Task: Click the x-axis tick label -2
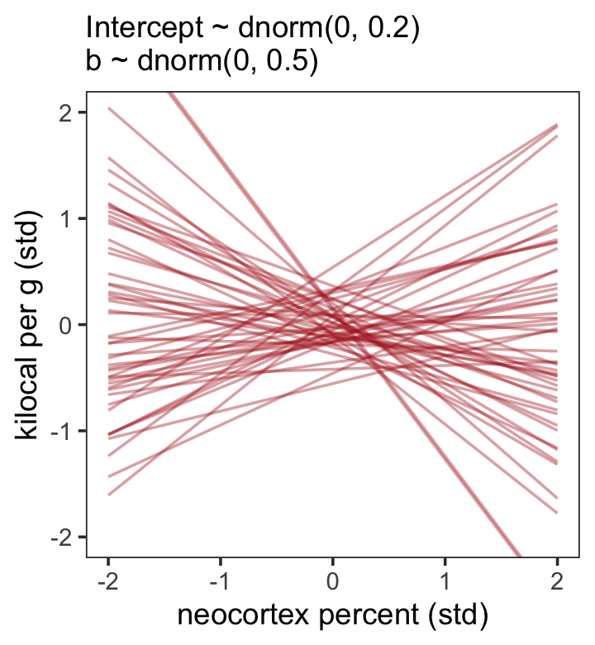pos(107,580)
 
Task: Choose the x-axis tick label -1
pos(220,580)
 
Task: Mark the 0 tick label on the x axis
pos(332,580)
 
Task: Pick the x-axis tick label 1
pos(445,580)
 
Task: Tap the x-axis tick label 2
pos(557,580)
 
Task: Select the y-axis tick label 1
pos(71,218)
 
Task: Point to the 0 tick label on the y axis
pos(71,325)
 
